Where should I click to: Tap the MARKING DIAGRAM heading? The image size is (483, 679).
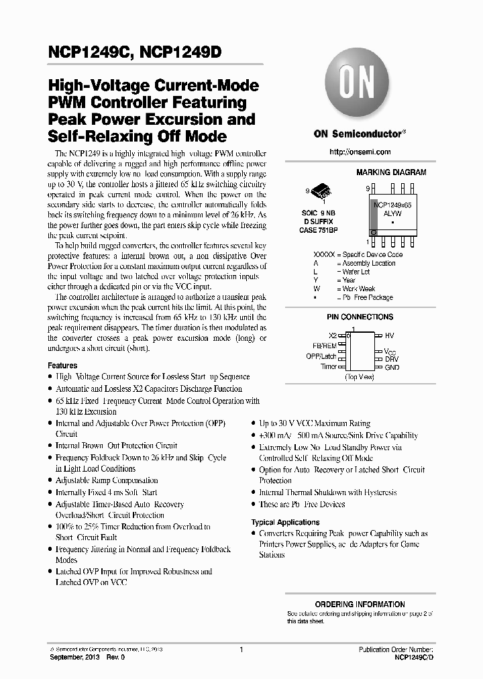coord(390,172)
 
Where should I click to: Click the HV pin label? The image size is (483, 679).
coord(389,334)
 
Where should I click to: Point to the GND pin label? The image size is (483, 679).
coord(392,368)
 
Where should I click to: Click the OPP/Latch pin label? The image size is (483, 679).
coord(321,356)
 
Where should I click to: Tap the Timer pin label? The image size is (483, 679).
coord(328,367)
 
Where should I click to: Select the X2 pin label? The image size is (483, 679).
coord(332,335)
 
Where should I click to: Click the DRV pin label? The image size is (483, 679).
coord(392,359)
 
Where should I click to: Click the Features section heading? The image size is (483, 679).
coord(62,366)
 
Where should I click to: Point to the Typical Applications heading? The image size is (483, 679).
coord(285,522)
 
